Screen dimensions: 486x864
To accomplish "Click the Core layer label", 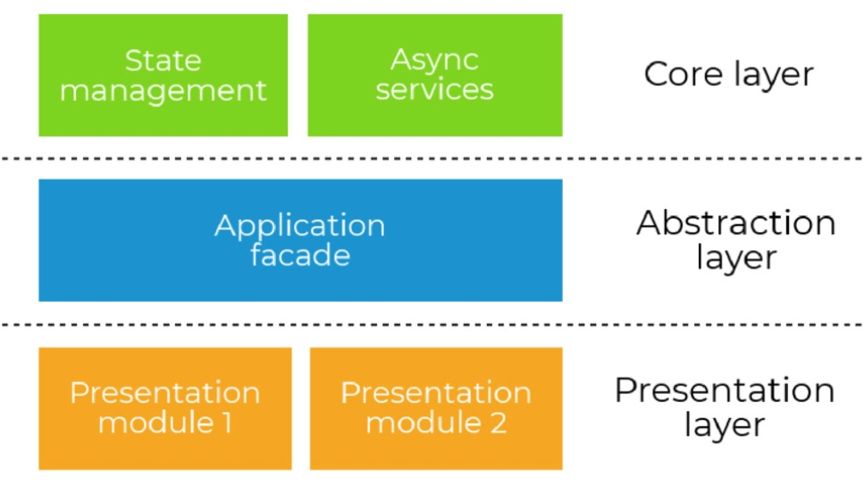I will (x=728, y=74).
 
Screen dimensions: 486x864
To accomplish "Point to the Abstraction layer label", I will (x=735, y=240).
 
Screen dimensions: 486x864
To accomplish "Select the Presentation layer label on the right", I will (x=725, y=407).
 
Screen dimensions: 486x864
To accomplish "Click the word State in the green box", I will (x=163, y=61).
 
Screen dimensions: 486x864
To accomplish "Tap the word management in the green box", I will (x=163, y=90).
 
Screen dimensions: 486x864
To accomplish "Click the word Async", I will (x=434, y=61).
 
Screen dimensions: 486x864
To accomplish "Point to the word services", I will (x=434, y=89).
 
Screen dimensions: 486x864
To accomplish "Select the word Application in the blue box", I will (x=299, y=225).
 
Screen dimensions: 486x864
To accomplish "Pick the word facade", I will (x=299, y=256).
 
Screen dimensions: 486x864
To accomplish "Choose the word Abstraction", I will (x=735, y=223).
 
